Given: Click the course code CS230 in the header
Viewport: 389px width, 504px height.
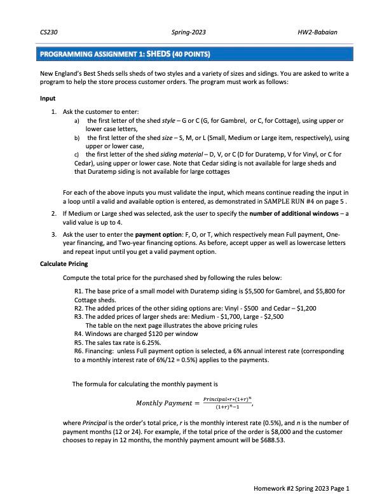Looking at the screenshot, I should click(47, 31).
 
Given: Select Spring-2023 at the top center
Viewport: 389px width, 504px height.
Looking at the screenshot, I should click(189, 31).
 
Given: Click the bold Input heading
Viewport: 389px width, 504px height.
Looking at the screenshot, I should click(48, 99).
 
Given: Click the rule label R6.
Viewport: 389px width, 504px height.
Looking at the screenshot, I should click(79, 351).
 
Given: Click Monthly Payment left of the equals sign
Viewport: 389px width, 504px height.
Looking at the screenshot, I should click(162, 403).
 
